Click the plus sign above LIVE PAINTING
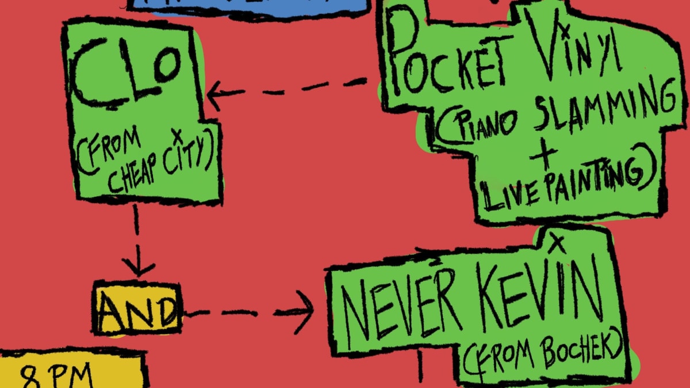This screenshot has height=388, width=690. point(544,156)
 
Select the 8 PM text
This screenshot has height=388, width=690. point(57,376)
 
